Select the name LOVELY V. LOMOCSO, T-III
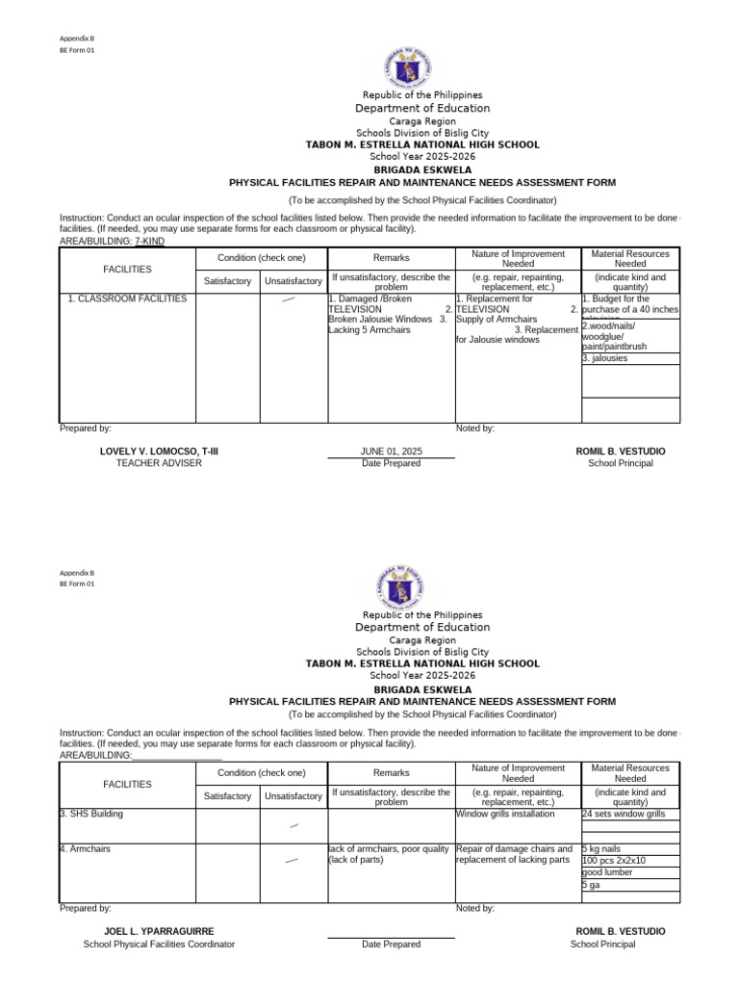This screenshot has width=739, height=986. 159,452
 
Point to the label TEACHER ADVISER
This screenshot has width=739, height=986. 159,463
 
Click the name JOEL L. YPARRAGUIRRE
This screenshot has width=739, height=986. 159,932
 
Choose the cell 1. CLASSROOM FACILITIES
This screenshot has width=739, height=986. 127,299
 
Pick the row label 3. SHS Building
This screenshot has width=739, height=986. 91,814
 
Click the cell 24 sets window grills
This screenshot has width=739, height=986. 624,815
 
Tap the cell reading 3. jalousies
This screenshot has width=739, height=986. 605,358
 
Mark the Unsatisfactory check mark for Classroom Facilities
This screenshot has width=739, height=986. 289,301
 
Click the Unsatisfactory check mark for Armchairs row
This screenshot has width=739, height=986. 293,860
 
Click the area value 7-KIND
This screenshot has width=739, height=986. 149,241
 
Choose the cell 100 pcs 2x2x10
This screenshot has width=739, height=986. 615,861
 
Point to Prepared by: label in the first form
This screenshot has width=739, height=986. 86,428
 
